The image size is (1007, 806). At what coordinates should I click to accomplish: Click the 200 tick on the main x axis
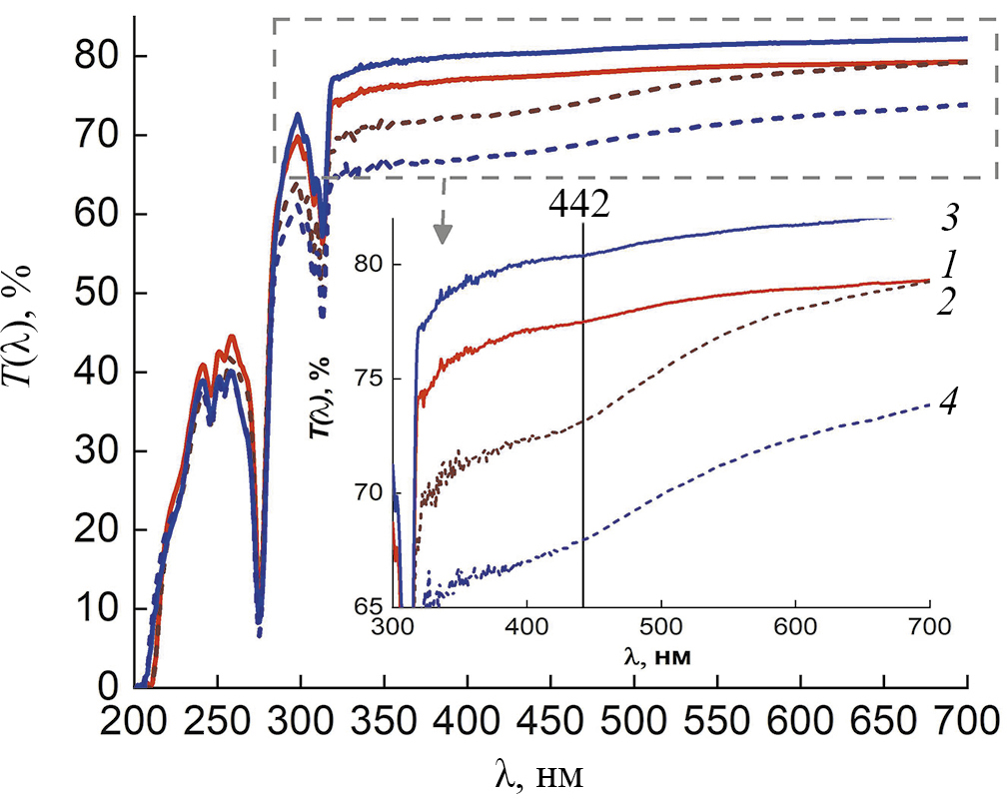[x=136, y=720]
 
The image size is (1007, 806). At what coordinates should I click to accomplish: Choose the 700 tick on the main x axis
[x=967, y=720]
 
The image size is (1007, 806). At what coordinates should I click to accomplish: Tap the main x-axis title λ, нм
[x=538, y=774]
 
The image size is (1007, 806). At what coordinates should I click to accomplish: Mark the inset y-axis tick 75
[x=371, y=380]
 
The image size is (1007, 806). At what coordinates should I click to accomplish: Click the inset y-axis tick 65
[x=371, y=606]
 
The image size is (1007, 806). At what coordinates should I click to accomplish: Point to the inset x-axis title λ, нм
[x=660, y=658]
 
